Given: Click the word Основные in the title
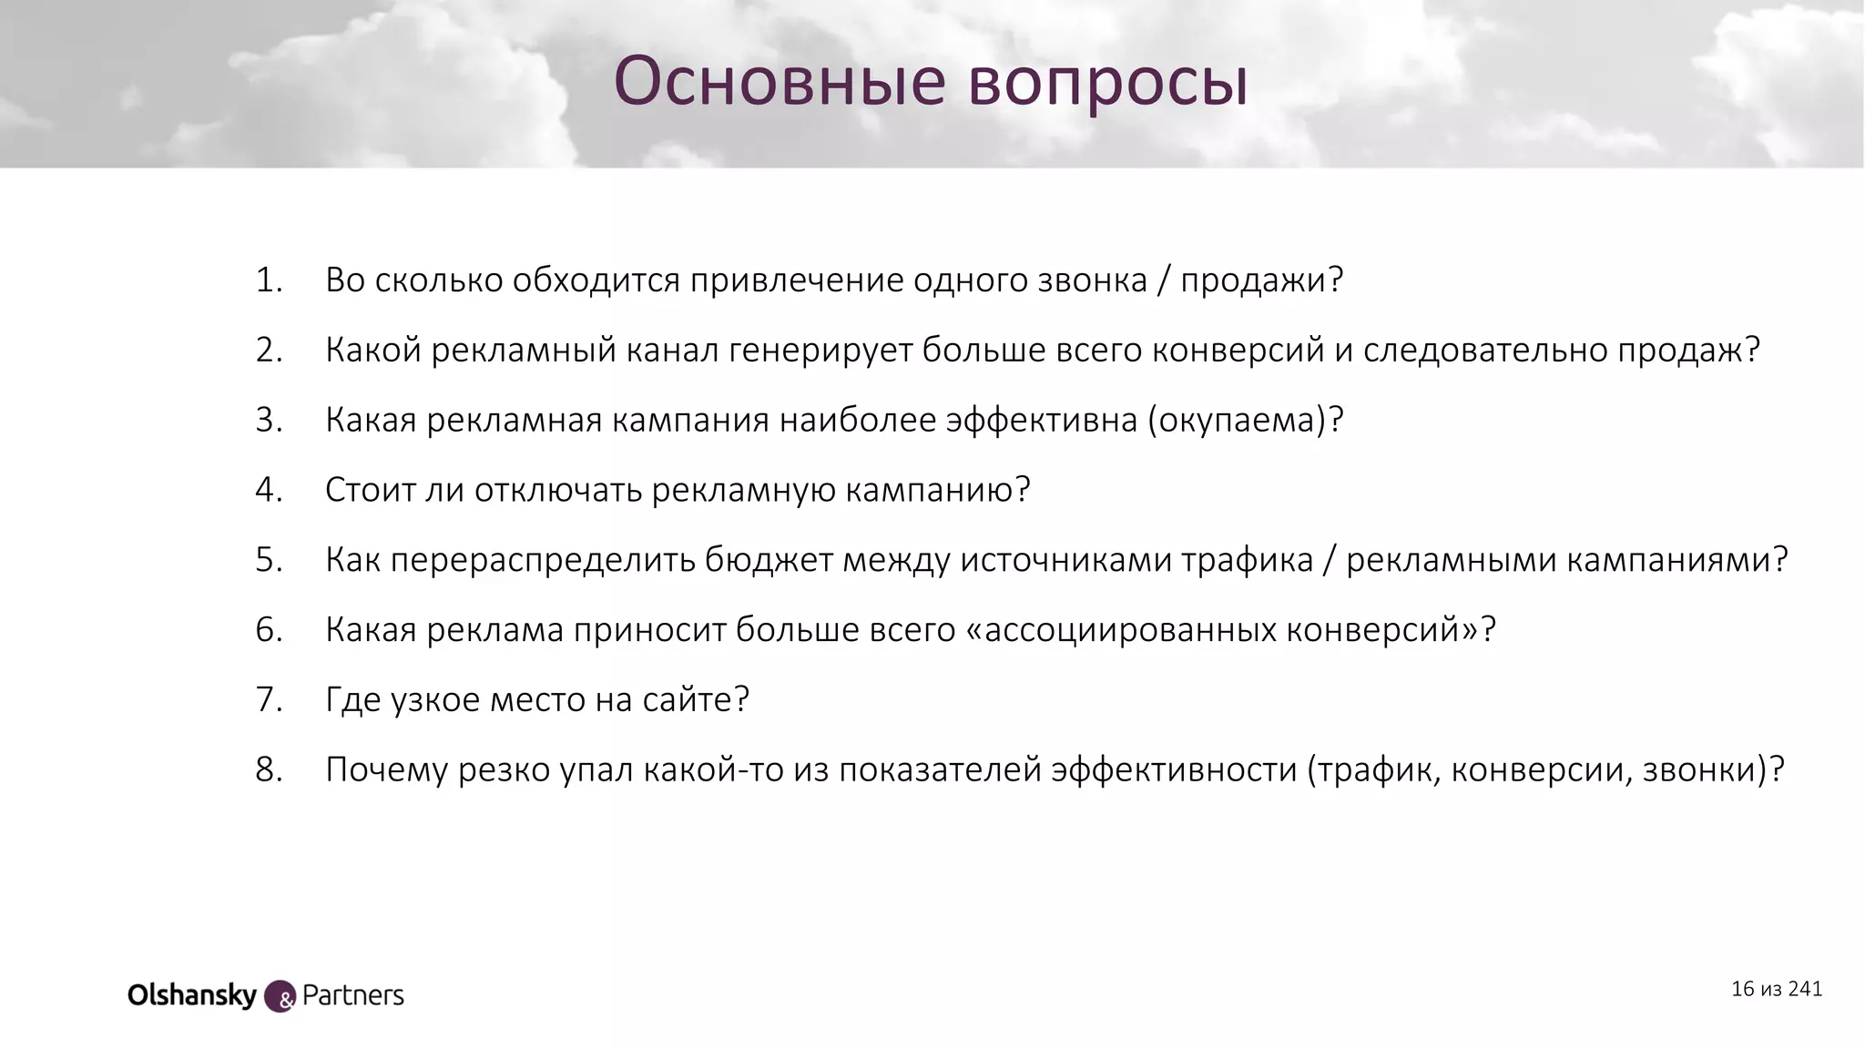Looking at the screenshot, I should click(780, 82).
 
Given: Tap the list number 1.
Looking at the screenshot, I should click(268, 280).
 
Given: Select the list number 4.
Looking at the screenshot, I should click(268, 490).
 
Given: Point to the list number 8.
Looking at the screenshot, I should click(268, 769).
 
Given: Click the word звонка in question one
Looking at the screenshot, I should click(1092, 280).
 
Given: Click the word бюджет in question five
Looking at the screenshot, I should click(769, 560).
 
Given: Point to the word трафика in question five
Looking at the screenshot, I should click(1247, 560).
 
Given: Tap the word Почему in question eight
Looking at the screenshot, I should click(386, 769).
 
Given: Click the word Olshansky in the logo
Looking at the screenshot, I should click(192, 995).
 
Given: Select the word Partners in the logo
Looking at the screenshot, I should click(352, 995).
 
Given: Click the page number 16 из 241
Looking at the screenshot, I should click(1776, 989).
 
